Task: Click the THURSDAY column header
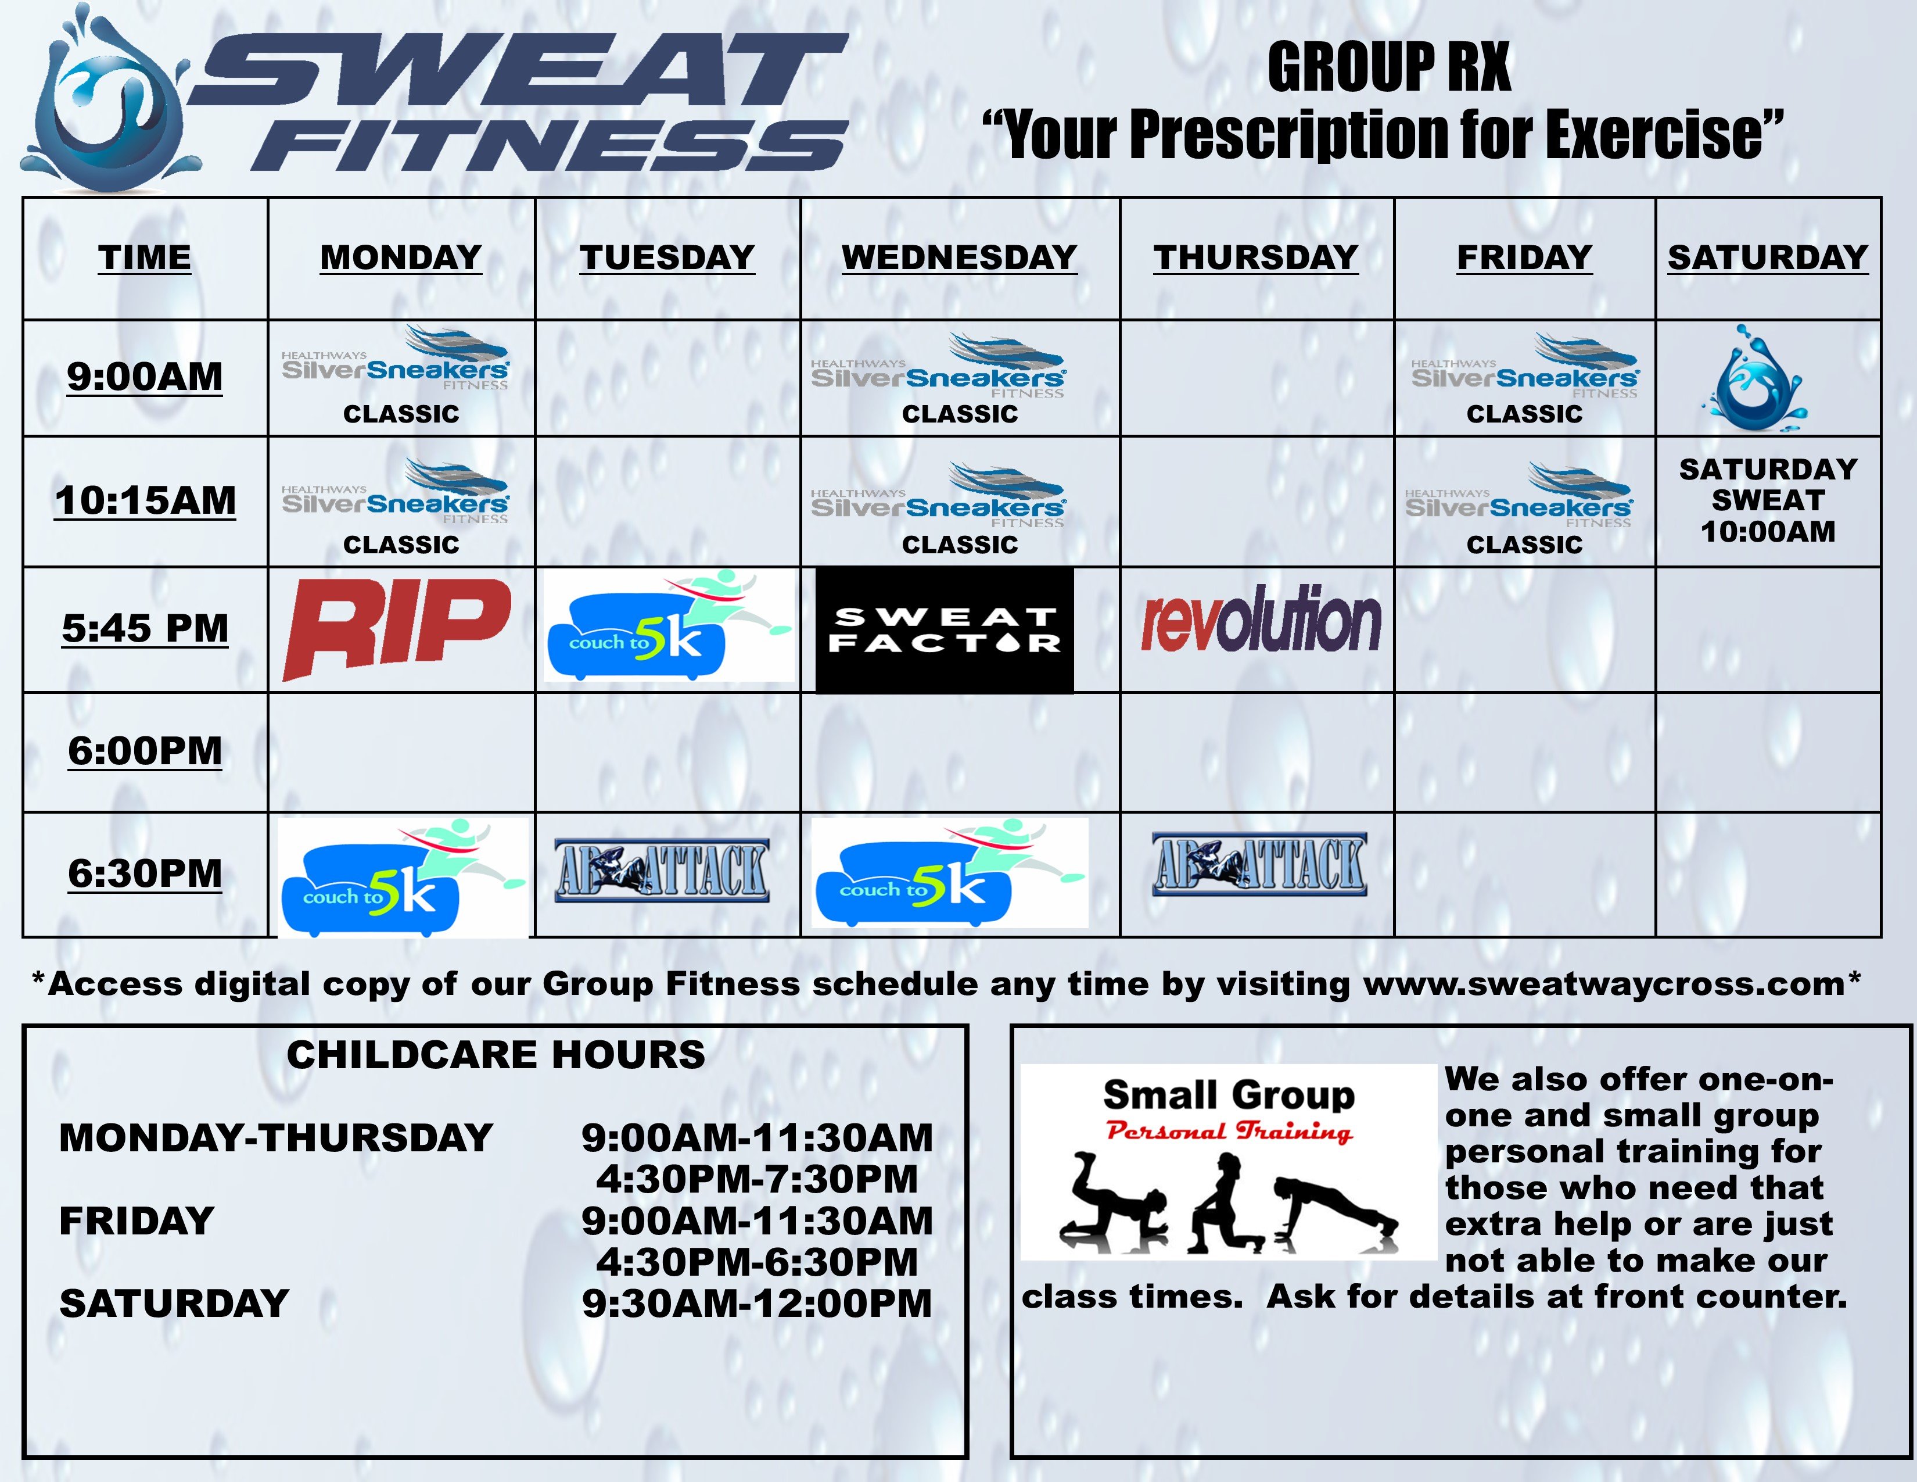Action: tap(1256, 257)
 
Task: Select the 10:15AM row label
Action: tap(145, 500)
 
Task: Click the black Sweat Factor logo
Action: tap(945, 629)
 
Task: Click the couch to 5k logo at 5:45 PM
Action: tap(669, 625)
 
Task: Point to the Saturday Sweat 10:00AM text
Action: tap(1768, 500)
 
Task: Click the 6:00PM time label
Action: tap(145, 751)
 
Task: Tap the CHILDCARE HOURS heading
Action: tap(496, 1054)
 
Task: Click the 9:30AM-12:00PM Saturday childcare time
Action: tap(756, 1303)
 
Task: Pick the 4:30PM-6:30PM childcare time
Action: tap(756, 1262)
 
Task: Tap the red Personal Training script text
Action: tap(1229, 1132)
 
